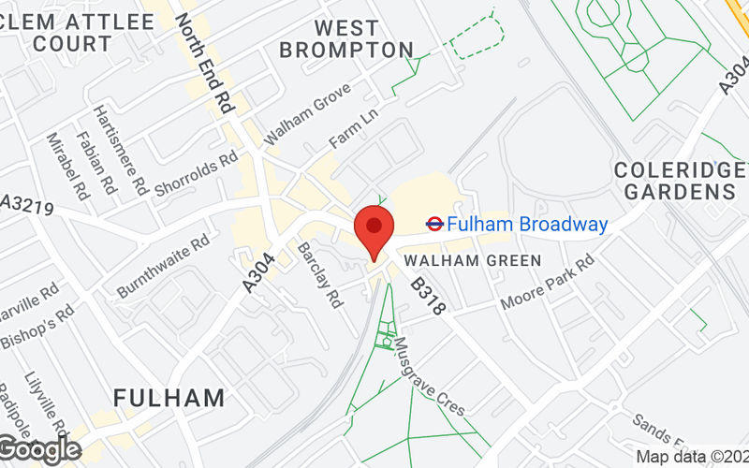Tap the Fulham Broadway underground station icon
pos(434,224)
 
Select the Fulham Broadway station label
pos(527,225)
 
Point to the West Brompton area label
pos(346,38)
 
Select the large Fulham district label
pos(169,398)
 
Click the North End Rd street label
pos(204,64)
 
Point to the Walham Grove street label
pos(307,112)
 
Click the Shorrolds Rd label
pos(196,175)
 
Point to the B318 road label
pos(424,294)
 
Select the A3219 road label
pos(25,203)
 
